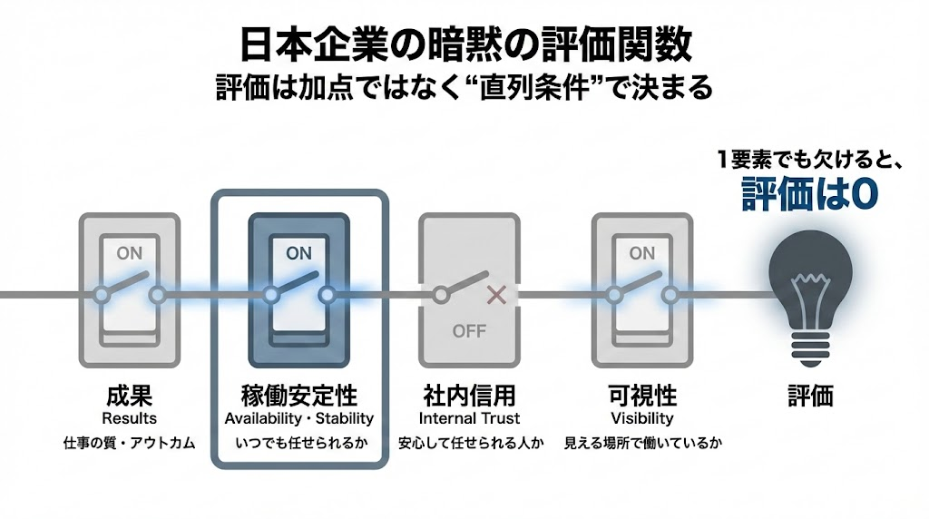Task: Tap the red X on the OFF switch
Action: (x=495, y=294)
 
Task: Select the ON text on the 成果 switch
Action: (x=130, y=253)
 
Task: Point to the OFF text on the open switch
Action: (x=469, y=331)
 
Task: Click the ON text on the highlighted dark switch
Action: (x=298, y=254)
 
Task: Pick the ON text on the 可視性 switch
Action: (x=642, y=253)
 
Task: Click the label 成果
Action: (x=129, y=397)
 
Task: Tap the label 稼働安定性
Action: (x=299, y=397)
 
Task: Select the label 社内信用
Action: (x=469, y=397)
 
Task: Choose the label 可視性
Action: (x=642, y=397)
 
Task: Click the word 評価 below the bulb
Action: (x=809, y=397)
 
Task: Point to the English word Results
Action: (x=129, y=418)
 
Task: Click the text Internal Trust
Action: (x=469, y=418)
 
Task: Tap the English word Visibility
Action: (x=642, y=418)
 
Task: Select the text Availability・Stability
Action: (x=299, y=418)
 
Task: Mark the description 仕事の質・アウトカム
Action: (x=129, y=445)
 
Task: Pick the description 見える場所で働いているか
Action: (x=642, y=445)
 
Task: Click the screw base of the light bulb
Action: (x=809, y=345)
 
